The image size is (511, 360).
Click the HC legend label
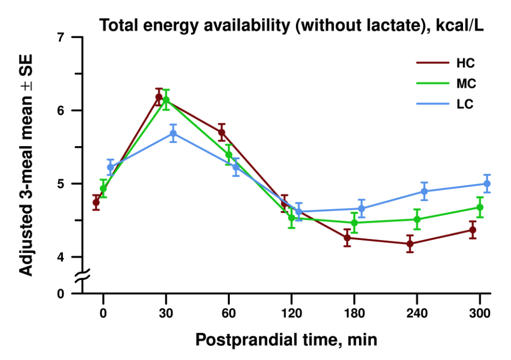tap(465, 64)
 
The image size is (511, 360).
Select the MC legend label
tap(466, 84)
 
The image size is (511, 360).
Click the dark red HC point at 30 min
tap(158, 97)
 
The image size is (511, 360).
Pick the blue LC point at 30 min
tap(173, 133)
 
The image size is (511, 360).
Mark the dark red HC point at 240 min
tap(410, 244)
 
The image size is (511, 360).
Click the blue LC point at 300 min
tap(486, 183)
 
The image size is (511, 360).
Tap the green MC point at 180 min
tap(354, 222)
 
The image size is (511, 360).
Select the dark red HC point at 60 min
tap(221, 132)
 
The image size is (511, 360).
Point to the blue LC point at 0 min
tap(110, 167)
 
